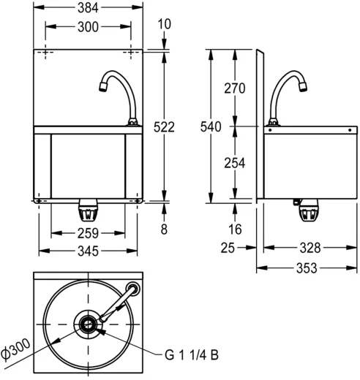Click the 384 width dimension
(89, 9)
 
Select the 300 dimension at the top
(89, 27)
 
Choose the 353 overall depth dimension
(306, 267)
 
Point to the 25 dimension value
(227, 249)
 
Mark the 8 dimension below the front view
(164, 229)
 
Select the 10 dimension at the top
(164, 24)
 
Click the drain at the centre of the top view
(89, 324)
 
